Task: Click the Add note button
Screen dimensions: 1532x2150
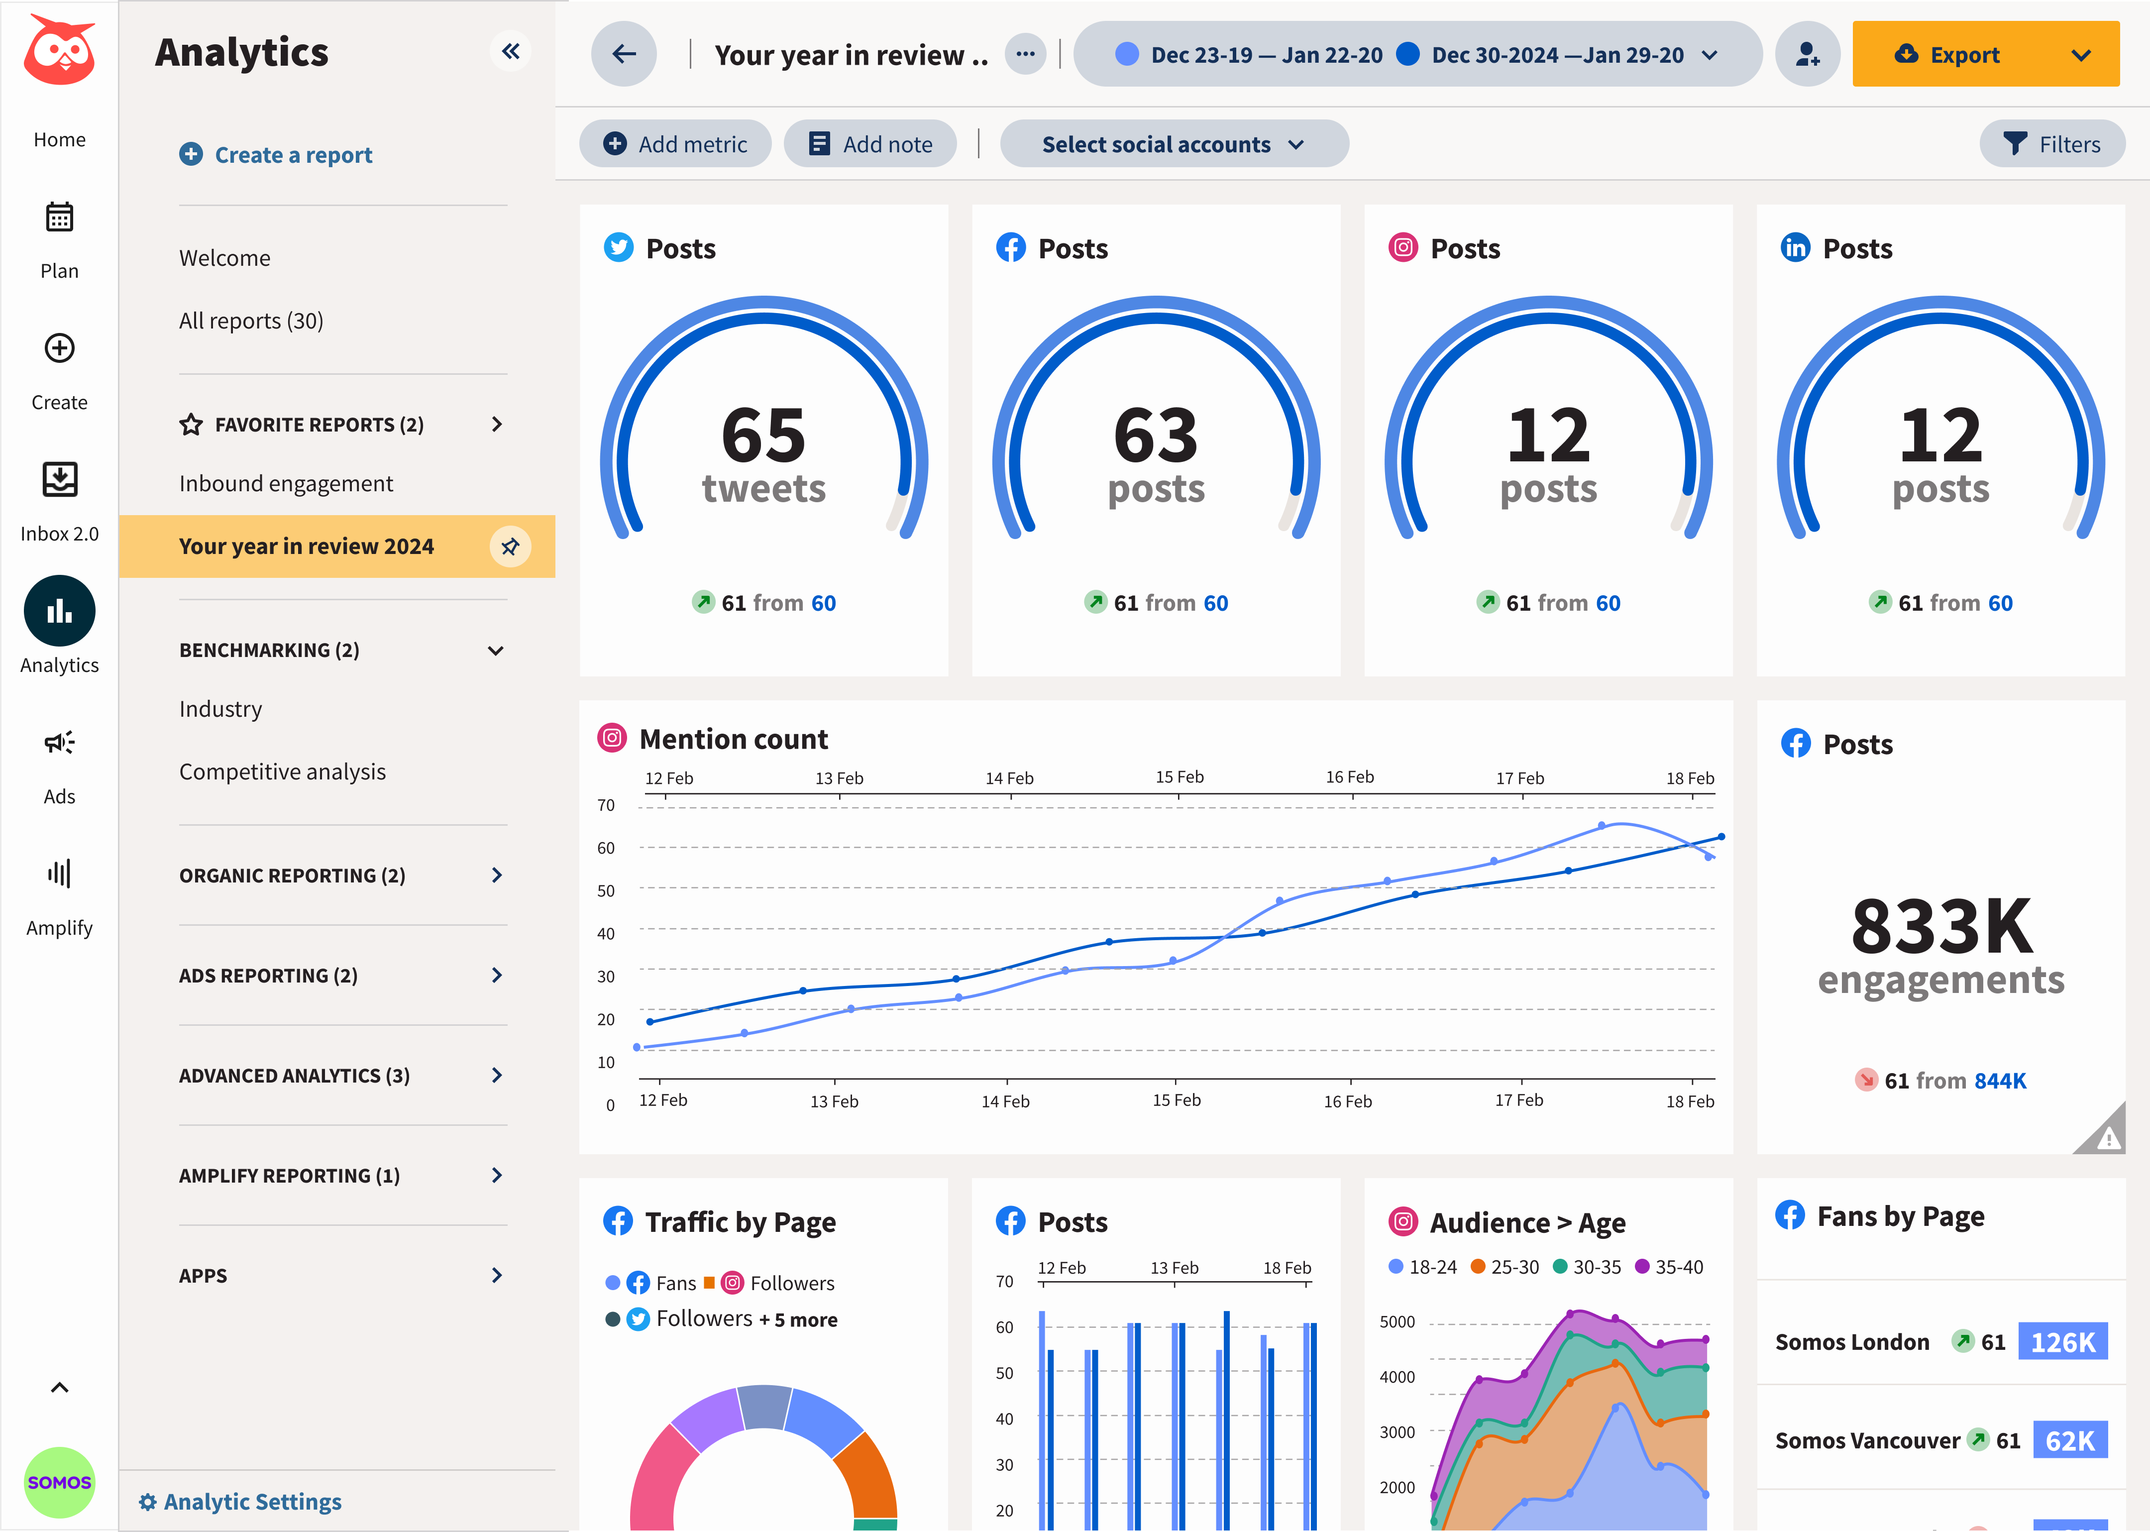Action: tap(870, 144)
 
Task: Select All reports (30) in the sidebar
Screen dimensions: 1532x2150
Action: tap(251, 321)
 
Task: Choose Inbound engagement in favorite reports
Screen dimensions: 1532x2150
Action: tap(286, 483)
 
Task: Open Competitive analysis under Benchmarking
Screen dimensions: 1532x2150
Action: tap(282, 771)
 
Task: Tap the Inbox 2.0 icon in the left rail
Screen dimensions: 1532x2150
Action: tap(59, 480)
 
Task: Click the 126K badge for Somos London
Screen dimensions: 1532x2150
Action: tap(2062, 1341)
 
